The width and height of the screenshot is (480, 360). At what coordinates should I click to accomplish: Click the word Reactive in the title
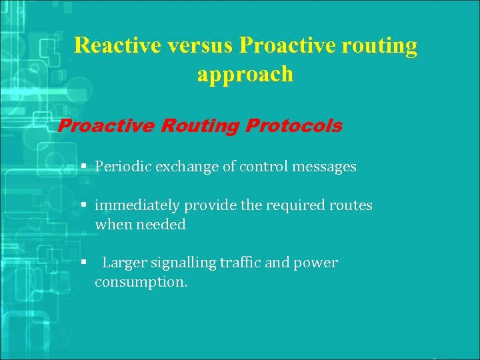click(117, 45)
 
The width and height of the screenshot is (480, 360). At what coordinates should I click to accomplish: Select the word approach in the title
click(245, 74)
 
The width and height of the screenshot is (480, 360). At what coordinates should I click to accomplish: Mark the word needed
click(161, 225)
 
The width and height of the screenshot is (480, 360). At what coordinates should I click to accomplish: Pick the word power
click(315, 263)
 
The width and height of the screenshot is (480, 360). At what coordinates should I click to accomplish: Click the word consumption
click(141, 282)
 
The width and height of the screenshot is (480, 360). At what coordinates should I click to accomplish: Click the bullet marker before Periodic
click(84, 166)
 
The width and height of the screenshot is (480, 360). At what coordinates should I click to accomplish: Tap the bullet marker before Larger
click(84, 262)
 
